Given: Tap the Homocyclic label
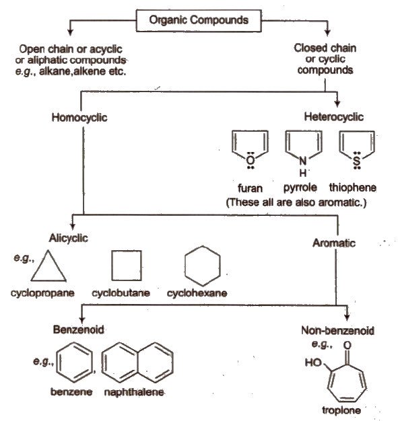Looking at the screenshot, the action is pyautogui.click(x=79, y=118).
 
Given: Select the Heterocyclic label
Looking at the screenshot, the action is pyautogui.click(x=334, y=117).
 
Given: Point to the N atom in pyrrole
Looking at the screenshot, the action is pyautogui.click(x=303, y=161).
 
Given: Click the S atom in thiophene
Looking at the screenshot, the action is pyautogui.click(x=357, y=161).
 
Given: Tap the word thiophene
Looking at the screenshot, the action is pyautogui.click(x=353, y=188).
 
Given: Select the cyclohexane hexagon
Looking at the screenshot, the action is pyautogui.click(x=185, y=266).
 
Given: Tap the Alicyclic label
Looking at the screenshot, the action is pyautogui.click(x=68, y=238).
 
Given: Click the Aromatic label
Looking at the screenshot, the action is pyautogui.click(x=334, y=243).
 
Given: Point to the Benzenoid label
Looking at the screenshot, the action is pyautogui.click(x=78, y=330).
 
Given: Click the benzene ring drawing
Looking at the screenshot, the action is pyautogui.click(x=57, y=362).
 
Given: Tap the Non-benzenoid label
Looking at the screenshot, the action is pyautogui.click(x=337, y=330).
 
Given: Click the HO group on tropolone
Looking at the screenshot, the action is pyautogui.click(x=313, y=362).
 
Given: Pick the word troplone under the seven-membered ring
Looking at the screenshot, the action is pyautogui.click(x=341, y=410).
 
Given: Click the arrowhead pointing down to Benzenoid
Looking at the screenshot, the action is pyautogui.click(x=82, y=319).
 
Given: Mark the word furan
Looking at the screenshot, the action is pyautogui.click(x=250, y=188).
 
